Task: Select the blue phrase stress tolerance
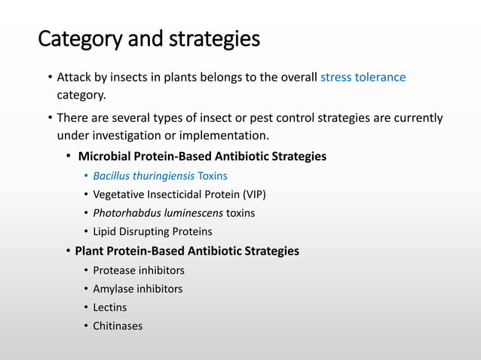click(363, 78)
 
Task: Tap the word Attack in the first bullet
click(75, 78)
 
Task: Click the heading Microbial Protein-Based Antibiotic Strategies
click(202, 157)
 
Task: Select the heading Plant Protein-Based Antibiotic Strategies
click(187, 251)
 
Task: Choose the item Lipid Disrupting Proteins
click(152, 232)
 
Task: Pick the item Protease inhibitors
click(139, 270)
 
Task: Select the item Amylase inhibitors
click(137, 288)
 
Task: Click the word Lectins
click(110, 307)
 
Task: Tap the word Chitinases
click(118, 326)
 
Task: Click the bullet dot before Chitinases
click(85, 326)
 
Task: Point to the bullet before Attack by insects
click(49, 78)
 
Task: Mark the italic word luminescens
click(191, 213)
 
